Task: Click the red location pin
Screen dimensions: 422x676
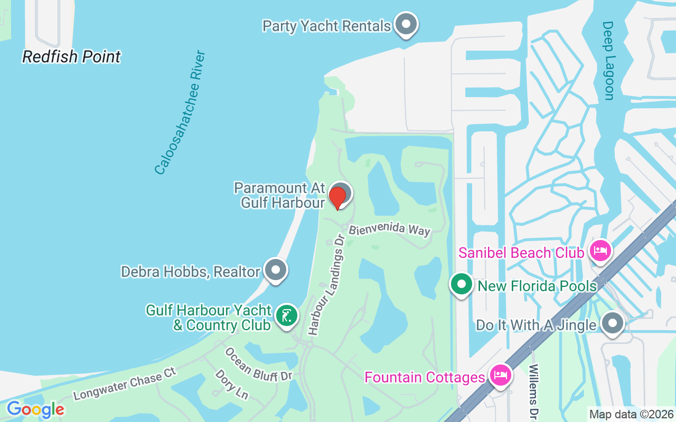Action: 337,197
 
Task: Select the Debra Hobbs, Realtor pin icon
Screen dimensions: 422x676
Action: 275,270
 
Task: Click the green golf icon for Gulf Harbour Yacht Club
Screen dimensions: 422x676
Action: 286,316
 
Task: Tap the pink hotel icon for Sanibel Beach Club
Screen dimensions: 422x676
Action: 600,251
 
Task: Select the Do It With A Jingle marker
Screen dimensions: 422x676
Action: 613,323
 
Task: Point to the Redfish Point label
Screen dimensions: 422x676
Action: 71,56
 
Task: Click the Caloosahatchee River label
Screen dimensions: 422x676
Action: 180,113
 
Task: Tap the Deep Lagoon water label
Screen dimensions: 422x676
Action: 608,61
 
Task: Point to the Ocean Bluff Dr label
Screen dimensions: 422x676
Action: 258,364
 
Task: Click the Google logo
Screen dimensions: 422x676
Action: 35,409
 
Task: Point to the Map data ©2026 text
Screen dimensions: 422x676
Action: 631,414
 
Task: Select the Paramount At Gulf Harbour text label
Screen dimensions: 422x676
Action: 279,195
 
